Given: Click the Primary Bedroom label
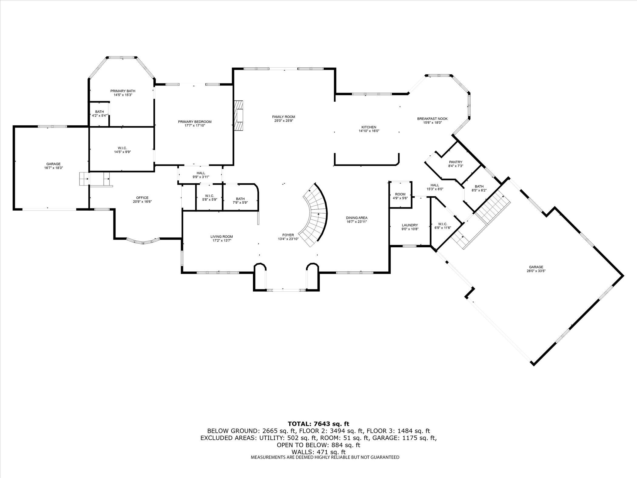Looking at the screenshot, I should pos(194,122).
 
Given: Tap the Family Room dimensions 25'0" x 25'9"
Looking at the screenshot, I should pos(283,121).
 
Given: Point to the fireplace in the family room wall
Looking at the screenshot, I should pos(239,116).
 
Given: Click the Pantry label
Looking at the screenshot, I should pos(455,162).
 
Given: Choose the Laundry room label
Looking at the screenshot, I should pos(410,225).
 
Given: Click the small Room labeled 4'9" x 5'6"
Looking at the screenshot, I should pos(400,196).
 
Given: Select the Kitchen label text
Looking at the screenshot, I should pos(369,127).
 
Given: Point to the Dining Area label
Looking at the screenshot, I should pos(357,218).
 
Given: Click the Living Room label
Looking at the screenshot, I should pos(222,237).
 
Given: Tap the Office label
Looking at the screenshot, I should pos(142,198).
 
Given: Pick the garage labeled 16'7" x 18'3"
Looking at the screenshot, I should pos(53,166).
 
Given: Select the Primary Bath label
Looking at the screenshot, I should pos(123,91).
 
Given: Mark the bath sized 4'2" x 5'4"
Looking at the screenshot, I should pos(99,114).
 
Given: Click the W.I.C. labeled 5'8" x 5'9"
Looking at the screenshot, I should pos(209,198).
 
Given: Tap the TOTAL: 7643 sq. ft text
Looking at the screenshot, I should pos(318,424).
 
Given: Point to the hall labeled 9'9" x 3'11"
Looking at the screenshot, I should pos(201,175).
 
